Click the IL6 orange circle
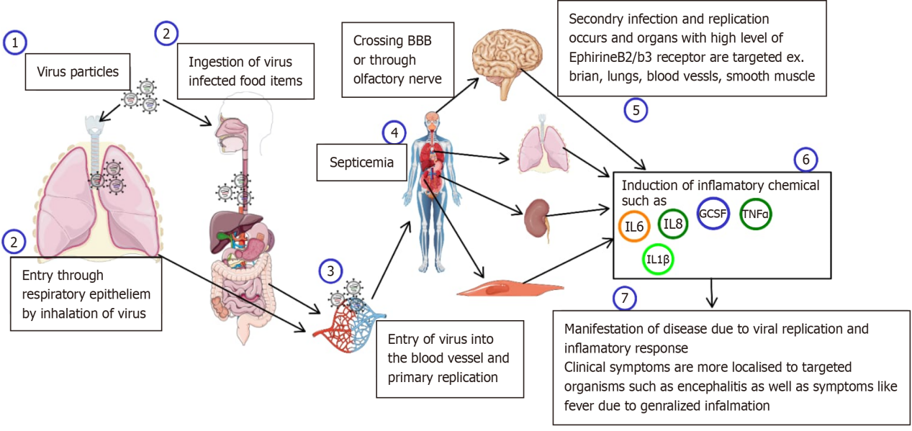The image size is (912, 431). [x=634, y=227]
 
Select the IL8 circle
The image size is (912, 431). [x=673, y=224]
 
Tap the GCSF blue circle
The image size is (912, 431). [x=713, y=214]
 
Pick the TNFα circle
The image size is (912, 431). [x=756, y=214]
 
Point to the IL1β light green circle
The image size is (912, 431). [x=658, y=260]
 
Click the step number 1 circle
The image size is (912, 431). [x=15, y=42]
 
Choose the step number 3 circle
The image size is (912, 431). [x=330, y=271]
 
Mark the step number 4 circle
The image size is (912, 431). [x=394, y=132]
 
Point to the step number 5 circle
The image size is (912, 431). [x=636, y=109]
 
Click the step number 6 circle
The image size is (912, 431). [x=805, y=160]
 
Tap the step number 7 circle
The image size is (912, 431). [x=623, y=297]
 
